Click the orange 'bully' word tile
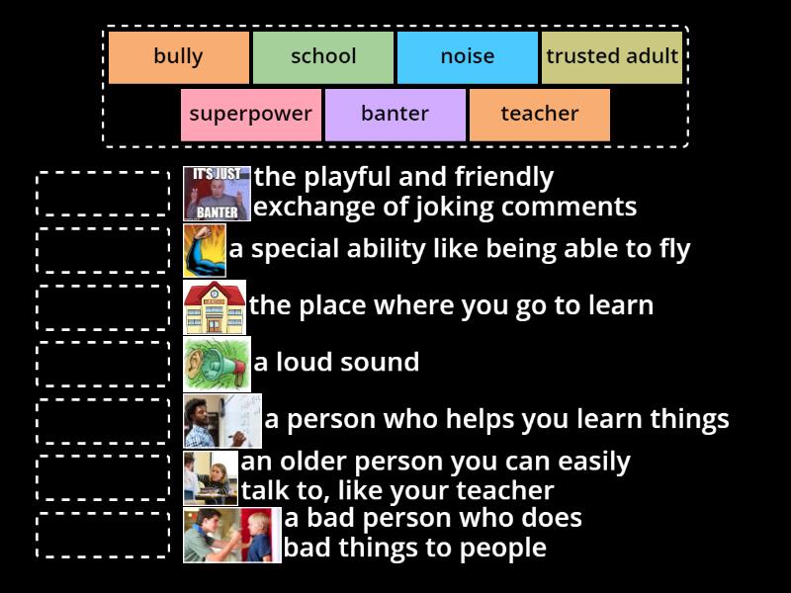coord(178,57)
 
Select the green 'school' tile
coord(323,57)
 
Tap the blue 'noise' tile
coord(467,57)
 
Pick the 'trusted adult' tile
coord(612,57)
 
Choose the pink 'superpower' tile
coord(250,115)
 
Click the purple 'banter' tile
coord(395,115)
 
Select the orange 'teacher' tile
coord(539,115)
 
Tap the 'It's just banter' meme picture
coord(217,194)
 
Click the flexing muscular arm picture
coord(204,251)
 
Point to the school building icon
coord(215,307)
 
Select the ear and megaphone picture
coord(217,364)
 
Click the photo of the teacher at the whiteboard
coord(221,421)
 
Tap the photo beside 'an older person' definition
coord(211,478)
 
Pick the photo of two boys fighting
coord(231,535)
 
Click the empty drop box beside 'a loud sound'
coord(103,364)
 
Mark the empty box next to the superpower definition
coord(103,250)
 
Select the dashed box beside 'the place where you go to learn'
coord(103,307)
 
